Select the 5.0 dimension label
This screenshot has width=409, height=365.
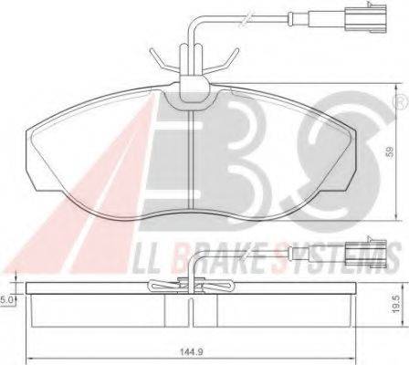(x=7, y=297)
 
